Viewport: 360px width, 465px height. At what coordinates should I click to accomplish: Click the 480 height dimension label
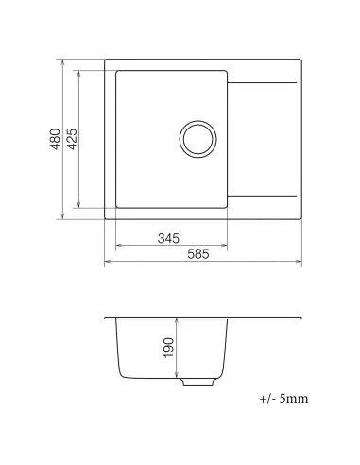57,140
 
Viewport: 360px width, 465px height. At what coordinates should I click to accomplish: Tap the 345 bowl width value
168,237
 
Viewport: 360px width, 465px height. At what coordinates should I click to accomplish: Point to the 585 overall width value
197,254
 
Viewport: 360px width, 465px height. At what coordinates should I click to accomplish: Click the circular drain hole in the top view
198,139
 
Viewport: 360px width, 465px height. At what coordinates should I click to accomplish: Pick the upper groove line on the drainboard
265,87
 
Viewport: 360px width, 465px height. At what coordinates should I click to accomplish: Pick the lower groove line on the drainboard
265,193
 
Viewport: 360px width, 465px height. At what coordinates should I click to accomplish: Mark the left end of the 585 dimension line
104,263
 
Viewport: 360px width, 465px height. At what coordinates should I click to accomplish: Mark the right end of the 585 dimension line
302,263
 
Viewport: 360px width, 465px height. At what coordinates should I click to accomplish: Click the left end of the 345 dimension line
113,246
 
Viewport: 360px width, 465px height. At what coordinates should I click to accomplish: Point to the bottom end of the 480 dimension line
64,220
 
